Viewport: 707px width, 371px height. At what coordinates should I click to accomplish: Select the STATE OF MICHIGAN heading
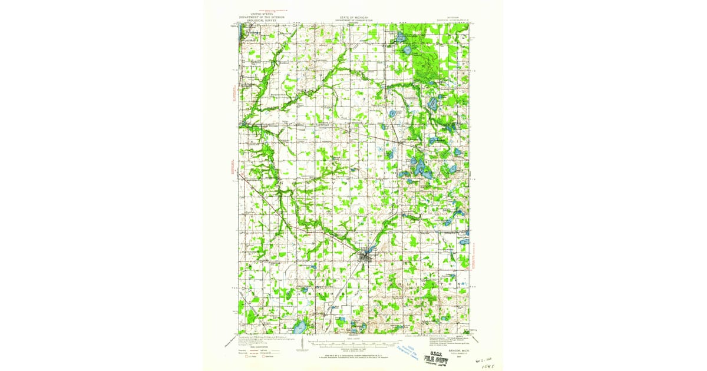click(353, 17)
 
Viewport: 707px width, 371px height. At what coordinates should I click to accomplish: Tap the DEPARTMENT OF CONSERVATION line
click(353, 20)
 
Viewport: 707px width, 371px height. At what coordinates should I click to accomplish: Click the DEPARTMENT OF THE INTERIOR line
click(262, 17)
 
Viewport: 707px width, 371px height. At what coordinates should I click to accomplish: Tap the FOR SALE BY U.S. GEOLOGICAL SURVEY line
click(353, 356)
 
